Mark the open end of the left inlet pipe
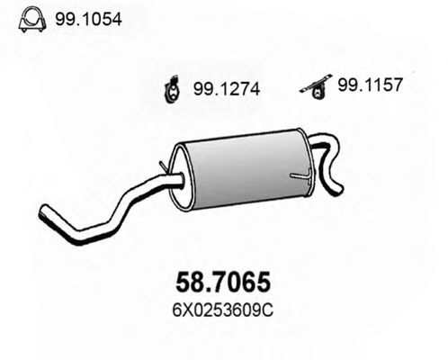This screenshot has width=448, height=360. click(x=44, y=214)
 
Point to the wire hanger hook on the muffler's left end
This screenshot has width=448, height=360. click(x=163, y=166)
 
